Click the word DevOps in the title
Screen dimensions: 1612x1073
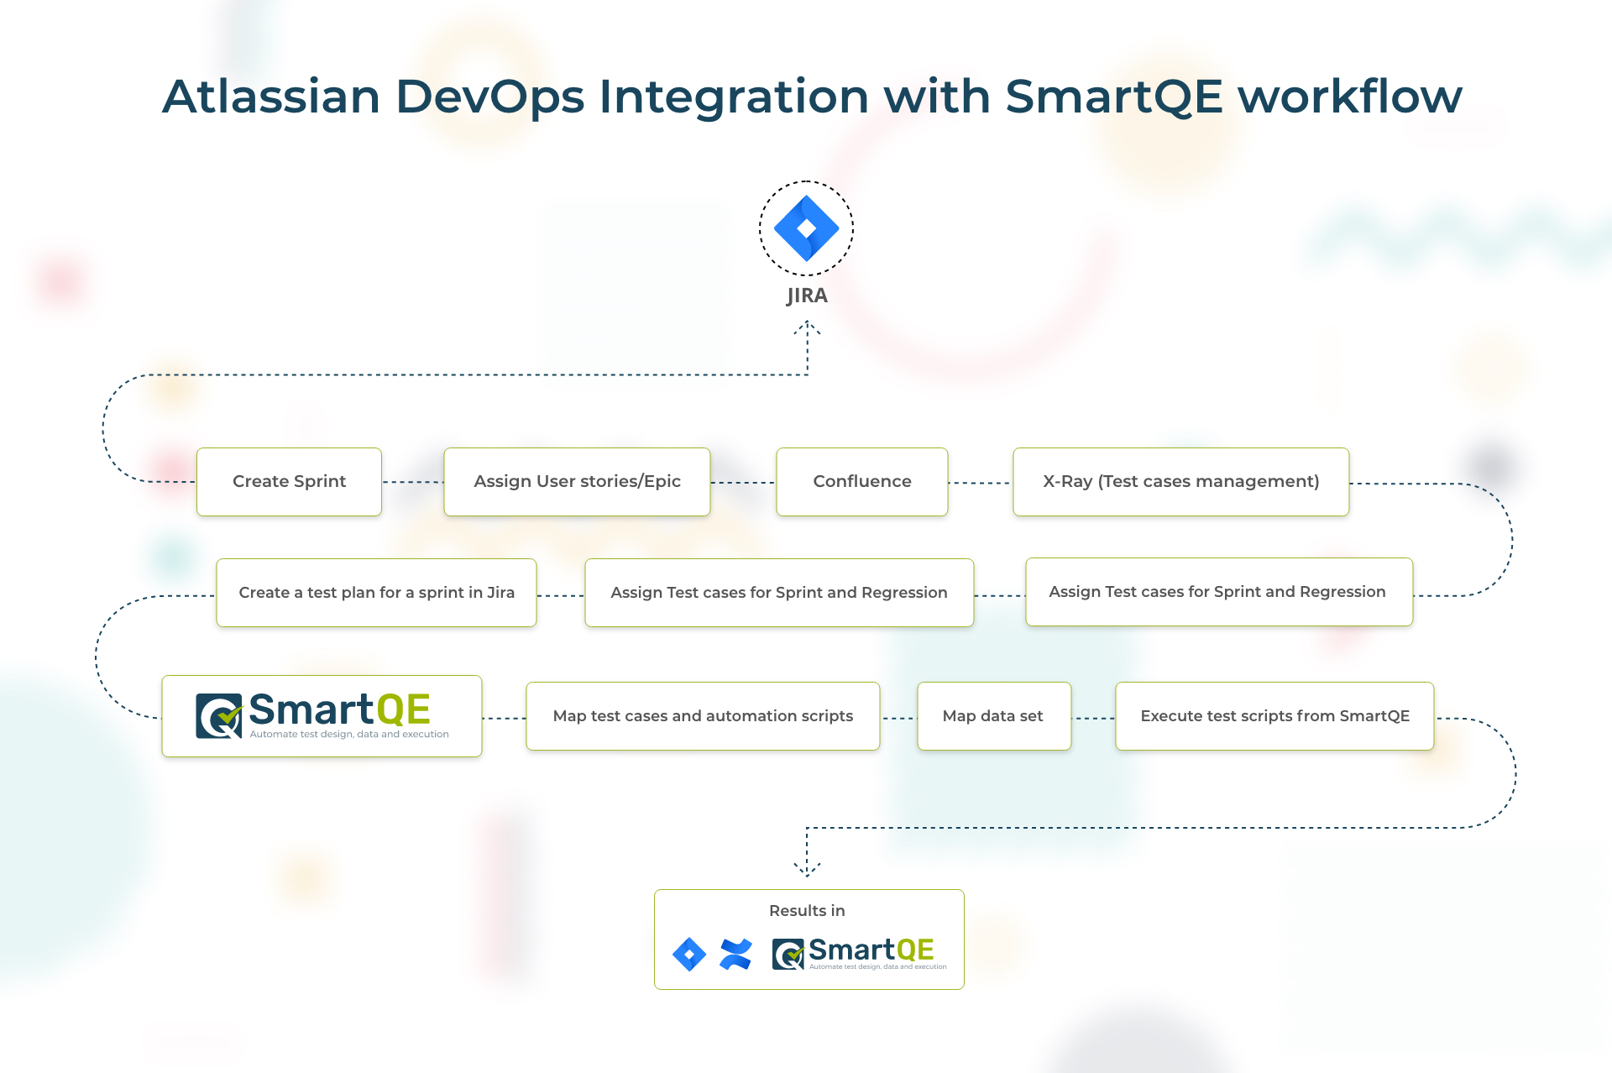[490, 97]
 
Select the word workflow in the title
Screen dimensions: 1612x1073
[1351, 96]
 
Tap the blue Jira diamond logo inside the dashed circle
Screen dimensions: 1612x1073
[806, 228]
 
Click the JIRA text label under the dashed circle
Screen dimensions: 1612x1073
[807, 296]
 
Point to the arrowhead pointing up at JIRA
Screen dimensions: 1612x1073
[807, 327]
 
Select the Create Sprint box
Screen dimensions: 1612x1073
[289, 482]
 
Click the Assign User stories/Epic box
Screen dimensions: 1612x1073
[577, 482]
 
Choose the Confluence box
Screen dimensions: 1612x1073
[862, 482]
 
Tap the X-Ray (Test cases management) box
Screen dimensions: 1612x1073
[1181, 482]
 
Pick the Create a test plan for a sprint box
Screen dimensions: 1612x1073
[376, 593]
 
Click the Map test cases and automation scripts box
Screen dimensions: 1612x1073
[703, 716]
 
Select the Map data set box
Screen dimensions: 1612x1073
[994, 716]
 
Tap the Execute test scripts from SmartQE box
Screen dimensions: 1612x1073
[1274, 716]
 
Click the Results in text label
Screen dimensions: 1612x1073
[807, 911]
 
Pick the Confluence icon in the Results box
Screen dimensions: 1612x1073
[736, 955]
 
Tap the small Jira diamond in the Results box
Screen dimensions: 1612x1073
[689, 955]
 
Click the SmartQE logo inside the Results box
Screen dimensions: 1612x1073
[859, 954]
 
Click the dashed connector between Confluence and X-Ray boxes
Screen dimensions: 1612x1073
[980, 483]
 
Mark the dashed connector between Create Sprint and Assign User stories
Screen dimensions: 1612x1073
[412, 482]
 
